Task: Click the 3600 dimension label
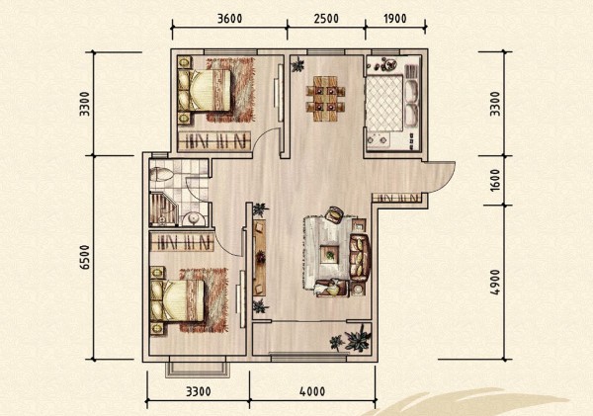(229, 18)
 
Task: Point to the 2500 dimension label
(326, 18)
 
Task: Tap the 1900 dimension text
(394, 18)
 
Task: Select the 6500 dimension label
(85, 257)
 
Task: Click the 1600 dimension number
(495, 180)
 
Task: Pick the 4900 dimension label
(495, 283)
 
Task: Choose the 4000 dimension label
(312, 391)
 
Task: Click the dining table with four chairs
(325, 99)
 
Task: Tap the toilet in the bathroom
(161, 174)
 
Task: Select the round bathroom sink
(195, 219)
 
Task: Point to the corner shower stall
(163, 209)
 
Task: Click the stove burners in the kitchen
(379, 139)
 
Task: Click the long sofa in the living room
(360, 258)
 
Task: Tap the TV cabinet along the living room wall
(260, 257)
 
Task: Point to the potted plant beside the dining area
(298, 64)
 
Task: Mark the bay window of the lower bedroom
(198, 367)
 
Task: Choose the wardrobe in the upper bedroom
(214, 140)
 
